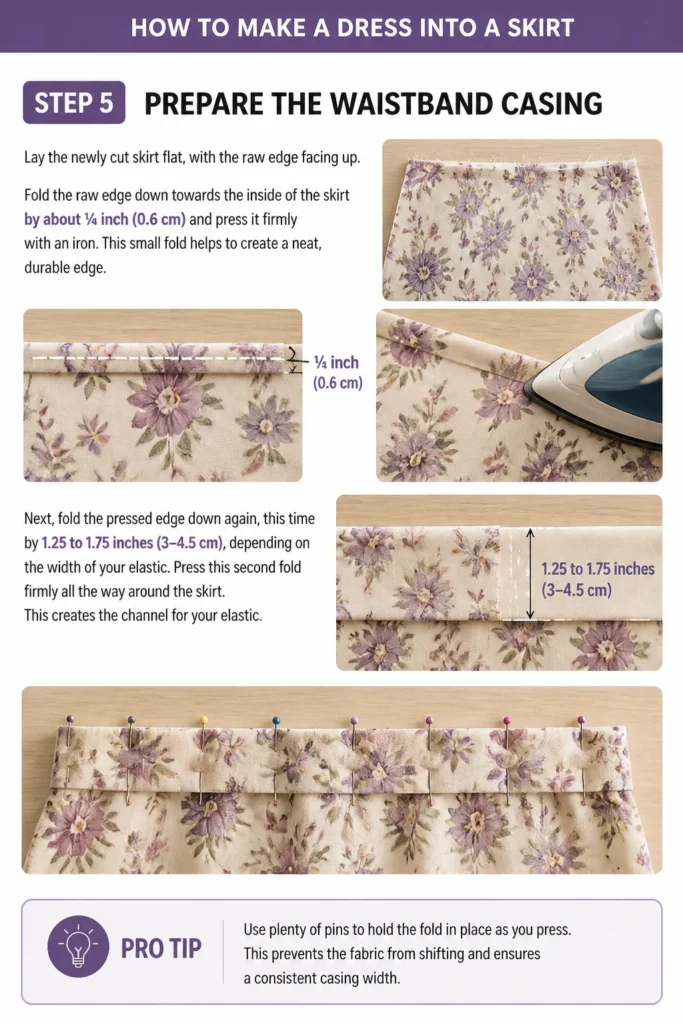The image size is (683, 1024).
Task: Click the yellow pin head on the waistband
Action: click(x=204, y=720)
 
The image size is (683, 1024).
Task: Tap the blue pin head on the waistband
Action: click(x=276, y=720)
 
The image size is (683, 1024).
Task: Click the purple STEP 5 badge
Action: click(x=74, y=103)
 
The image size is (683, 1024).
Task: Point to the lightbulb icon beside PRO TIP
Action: click(x=78, y=946)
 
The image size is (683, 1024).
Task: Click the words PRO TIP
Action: click(x=161, y=948)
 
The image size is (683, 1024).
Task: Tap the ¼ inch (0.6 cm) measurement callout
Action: click(x=337, y=372)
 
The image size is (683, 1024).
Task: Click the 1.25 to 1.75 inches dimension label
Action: click(x=597, y=579)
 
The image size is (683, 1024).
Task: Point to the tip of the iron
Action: click(x=525, y=394)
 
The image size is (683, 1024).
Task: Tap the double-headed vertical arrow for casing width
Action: click(x=530, y=574)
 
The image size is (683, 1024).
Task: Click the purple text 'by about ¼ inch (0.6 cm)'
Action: click(x=104, y=219)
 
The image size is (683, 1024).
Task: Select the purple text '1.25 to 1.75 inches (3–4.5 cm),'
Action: click(x=134, y=543)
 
